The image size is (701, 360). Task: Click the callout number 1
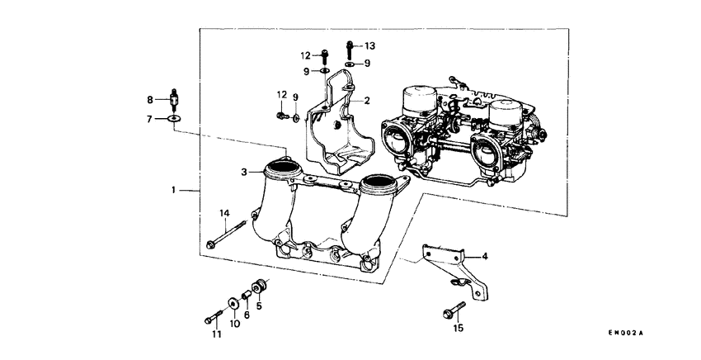tap(173, 191)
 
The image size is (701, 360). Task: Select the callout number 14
tap(223, 214)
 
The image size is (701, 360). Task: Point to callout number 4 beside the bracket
tap(485, 257)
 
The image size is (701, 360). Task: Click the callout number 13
tap(369, 45)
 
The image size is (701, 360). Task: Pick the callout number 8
tap(150, 100)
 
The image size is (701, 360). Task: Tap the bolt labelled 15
tap(450, 312)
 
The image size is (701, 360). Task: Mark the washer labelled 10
tap(233, 303)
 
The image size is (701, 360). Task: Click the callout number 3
tap(244, 172)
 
